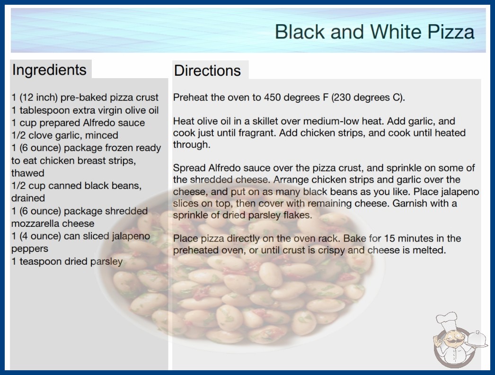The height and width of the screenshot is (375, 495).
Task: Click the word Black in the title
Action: click(300, 32)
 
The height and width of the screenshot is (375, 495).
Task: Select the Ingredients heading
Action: click(49, 70)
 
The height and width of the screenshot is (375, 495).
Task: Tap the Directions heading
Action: click(207, 71)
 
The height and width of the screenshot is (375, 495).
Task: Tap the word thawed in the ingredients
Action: click(28, 173)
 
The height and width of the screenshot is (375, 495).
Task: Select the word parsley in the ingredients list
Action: click(106, 262)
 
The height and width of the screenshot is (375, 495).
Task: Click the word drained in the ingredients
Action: click(28, 198)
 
